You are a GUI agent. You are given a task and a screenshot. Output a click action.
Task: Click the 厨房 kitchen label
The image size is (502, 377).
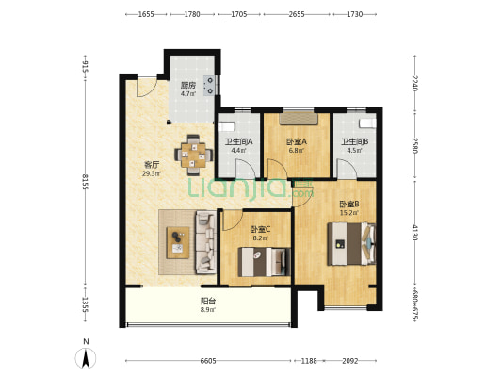coord(188,85)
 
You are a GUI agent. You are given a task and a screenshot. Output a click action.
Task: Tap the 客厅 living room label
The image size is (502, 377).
coord(152,165)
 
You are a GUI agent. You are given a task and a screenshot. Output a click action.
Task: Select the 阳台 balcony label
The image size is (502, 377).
coord(208,301)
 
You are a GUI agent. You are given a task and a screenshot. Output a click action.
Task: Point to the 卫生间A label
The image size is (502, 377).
coord(239,141)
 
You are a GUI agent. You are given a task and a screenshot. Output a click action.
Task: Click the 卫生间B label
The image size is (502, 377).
coord(355,141)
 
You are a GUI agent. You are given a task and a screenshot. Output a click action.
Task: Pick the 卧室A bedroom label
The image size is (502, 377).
coord(297,141)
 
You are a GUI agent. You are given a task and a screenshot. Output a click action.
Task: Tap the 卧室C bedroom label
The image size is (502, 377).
coord(260,229)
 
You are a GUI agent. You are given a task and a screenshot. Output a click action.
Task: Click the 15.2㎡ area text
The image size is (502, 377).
coord(349,212)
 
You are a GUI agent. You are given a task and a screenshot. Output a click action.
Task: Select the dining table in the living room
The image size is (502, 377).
coord(193,155)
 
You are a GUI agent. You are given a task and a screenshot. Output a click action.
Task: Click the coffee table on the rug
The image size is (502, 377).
coord(178,242)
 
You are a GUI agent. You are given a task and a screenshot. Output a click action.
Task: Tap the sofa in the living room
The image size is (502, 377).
coord(205,242)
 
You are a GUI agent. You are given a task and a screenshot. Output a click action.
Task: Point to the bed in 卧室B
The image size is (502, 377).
coord(351,244)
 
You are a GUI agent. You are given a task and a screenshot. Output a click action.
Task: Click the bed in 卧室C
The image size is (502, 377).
coord(264,262)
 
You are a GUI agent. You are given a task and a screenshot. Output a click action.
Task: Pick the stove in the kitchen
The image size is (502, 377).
coord(210,85)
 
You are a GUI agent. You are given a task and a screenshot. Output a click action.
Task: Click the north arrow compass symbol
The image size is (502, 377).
coord(86,358)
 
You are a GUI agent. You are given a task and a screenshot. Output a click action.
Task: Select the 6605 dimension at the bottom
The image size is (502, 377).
coord(208,361)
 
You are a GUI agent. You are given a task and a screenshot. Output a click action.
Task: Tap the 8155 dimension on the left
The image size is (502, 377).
coord(85,182)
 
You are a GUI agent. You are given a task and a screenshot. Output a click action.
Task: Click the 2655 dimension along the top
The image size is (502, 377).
coord(297,14)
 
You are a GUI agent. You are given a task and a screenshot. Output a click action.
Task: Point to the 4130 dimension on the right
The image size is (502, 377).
coord(415,233)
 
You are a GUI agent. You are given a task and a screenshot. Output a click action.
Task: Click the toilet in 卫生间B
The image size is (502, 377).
coord(367,123)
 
